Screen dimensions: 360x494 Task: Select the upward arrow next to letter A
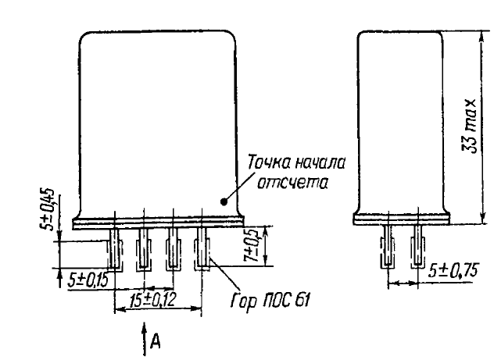pos(145,338)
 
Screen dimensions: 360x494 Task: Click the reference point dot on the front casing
pos(225,201)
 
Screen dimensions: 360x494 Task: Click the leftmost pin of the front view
pos(113,248)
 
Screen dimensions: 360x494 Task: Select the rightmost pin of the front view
pos(202,248)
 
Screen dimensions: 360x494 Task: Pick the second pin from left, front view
pos(143,248)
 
